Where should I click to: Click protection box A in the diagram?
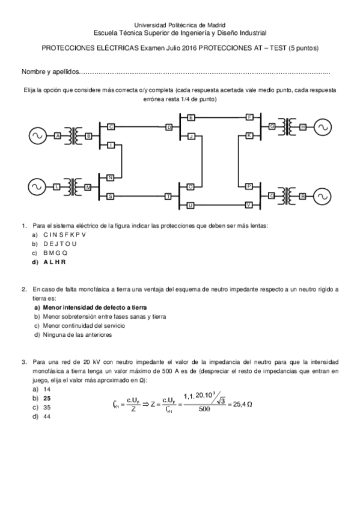click(x=58, y=137)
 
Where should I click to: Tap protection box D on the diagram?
click(x=169, y=127)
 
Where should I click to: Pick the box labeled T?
click(x=169, y=196)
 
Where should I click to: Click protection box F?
click(x=249, y=117)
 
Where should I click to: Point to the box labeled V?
click(x=249, y=205)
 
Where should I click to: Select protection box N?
click(x=111, y=177)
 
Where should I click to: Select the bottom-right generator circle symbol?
click(x=323, y=196)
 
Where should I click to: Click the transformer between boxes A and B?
click(x=74, y=136)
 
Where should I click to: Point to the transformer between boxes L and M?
click(x=74, y=186)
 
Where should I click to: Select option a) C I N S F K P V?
click(x=64, y=235)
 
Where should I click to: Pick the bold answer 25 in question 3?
click(x=46, y=398)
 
